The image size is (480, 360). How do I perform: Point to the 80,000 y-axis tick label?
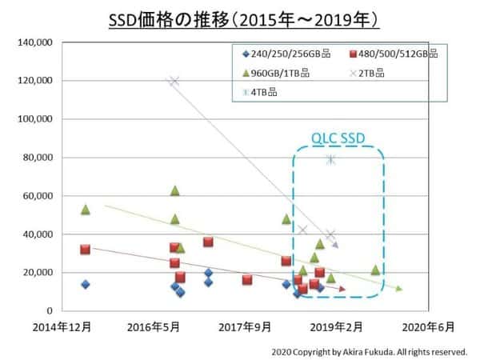click(x=38, y=157)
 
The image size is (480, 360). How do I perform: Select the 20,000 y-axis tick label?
click(x=38, y=272)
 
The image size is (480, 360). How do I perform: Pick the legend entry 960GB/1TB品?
click(x=272, y=73)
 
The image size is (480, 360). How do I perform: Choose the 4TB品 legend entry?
click(x=262, y=91)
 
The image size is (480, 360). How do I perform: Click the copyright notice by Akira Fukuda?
click(x=369, y=350)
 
